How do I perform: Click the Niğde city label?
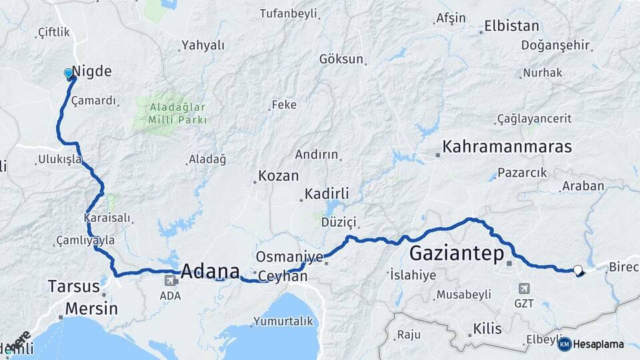91,71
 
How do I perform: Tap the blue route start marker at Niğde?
69,73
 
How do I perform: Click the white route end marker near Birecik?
577,270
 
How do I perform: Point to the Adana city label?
210,271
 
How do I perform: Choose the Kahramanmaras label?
507,147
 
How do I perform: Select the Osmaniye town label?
290,256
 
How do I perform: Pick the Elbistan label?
511,27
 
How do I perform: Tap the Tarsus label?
73,287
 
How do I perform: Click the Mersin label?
91,309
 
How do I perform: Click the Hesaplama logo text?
599,344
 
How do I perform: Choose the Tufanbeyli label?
288,13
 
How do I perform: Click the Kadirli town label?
327,194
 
